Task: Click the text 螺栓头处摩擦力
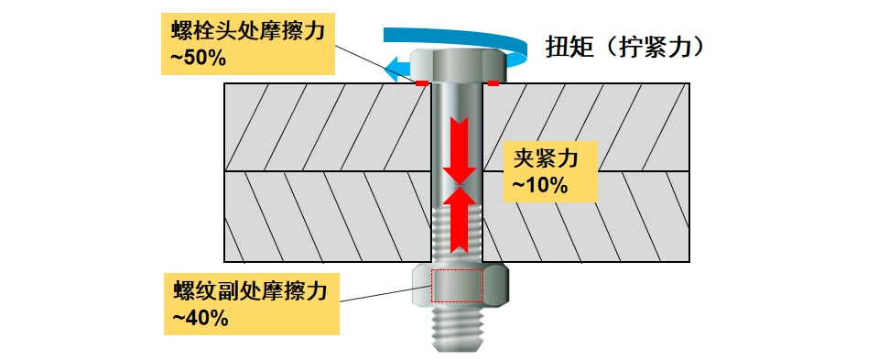click(x=248, y=32)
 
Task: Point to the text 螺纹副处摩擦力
click(x=250, y=292)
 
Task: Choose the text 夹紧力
click(x=546, y=158)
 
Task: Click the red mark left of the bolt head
click(x=422, y=84)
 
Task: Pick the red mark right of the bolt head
click(x=493, y=84)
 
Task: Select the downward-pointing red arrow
click(x=458, y=149)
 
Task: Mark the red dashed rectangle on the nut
click(x=458, y=286)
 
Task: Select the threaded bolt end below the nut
click(x=458, y=330)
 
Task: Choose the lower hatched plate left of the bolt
click(x=328, y=216)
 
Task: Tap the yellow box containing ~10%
click(x=551, y=170)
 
